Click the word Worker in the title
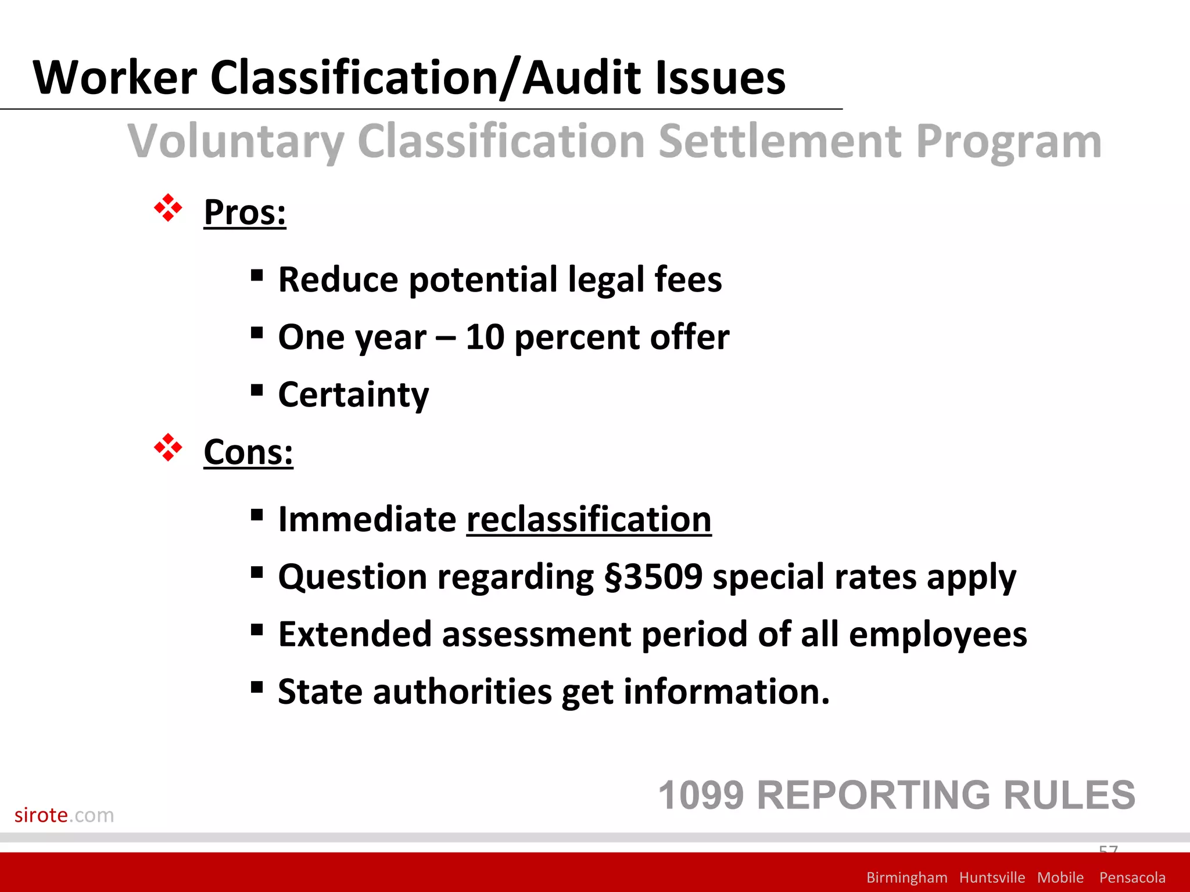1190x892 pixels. (x=115, y=78)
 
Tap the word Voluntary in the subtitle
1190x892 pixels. (x=235, y=142)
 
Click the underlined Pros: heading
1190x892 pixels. (x=245, y=213)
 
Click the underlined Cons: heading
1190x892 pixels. (x=248, y=452)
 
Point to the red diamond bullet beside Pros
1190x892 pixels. (x=168, y=208)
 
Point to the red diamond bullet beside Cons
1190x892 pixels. (x=168, y=448)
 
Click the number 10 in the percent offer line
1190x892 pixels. (x=485, y=337)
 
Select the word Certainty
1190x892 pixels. (x=353, y=395)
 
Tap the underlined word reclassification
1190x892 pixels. (x=589, y=519)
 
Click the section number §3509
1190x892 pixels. (x=653, y=577)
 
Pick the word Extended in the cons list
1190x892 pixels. (x=354, y=634)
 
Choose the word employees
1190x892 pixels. (x=937, y=634)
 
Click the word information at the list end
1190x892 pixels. (x=726, y=692)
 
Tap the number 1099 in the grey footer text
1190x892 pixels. (x=701, y=795)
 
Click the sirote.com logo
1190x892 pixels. (x=64, y=815)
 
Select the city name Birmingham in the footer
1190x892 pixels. (x=906, y=877)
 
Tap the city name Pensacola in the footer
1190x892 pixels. (x=1132, y=877)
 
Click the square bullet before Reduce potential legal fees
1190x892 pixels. (x=257, y=275)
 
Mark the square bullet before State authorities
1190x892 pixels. (x=257, y=688)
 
